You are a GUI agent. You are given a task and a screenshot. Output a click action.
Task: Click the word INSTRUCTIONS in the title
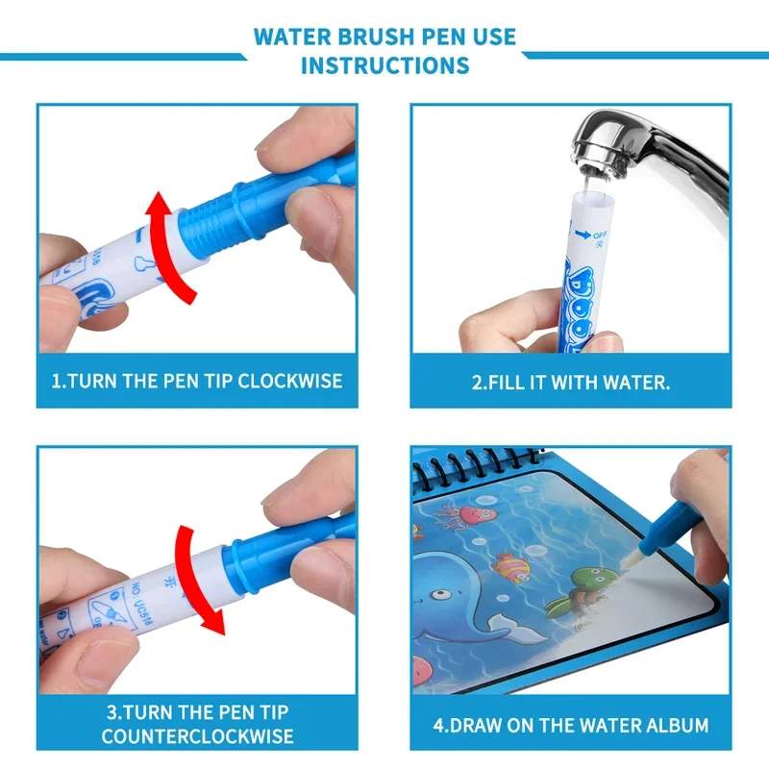[x=384, y=65]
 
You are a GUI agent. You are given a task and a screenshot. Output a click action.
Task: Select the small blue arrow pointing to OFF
[x=580, y=232]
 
